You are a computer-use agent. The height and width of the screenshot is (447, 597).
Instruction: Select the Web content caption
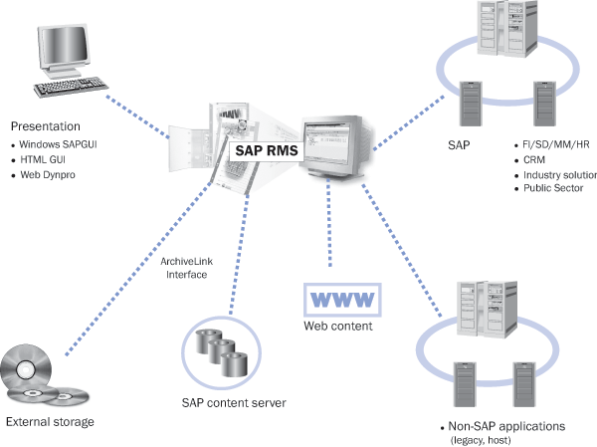(x=338, y=326)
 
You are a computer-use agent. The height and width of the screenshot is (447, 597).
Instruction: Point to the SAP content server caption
(x=234, y=402)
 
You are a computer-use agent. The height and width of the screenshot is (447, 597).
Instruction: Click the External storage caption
(x=50, y=422)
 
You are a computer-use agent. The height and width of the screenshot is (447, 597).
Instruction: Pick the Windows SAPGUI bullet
(x=61, y=144)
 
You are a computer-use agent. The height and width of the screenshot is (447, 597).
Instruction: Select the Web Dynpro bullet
(x=53, y=175)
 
